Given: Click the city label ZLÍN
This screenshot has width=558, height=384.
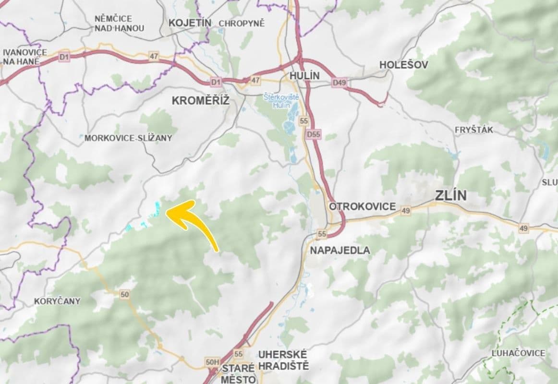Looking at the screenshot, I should click(450, 196).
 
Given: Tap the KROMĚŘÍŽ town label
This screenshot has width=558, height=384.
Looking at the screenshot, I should click(201, 101).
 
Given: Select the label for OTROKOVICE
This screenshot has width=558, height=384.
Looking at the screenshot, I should click(362, 206).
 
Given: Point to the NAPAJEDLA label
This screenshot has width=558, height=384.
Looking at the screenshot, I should click(340, 250).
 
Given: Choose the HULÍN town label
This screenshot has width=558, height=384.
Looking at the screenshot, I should click(304, 76).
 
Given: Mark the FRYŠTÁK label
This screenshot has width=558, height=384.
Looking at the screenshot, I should click(473, 130).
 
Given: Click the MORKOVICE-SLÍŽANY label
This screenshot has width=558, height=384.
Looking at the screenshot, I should click(128, 138).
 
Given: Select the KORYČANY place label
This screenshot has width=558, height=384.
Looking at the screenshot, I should click(57, 301).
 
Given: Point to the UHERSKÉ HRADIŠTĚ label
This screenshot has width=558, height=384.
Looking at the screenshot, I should click(283, 360).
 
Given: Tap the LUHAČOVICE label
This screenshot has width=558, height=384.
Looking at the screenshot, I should click(518, 353).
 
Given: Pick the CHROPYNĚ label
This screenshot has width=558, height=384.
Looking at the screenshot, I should click(242, 23).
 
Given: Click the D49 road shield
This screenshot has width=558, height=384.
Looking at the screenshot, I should click(339, 83).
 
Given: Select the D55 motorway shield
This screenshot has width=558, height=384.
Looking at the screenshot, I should click(313, 135).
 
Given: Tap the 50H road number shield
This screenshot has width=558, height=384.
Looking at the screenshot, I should click(212, 361).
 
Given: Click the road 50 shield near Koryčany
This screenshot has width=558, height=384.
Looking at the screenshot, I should click(125, 294).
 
